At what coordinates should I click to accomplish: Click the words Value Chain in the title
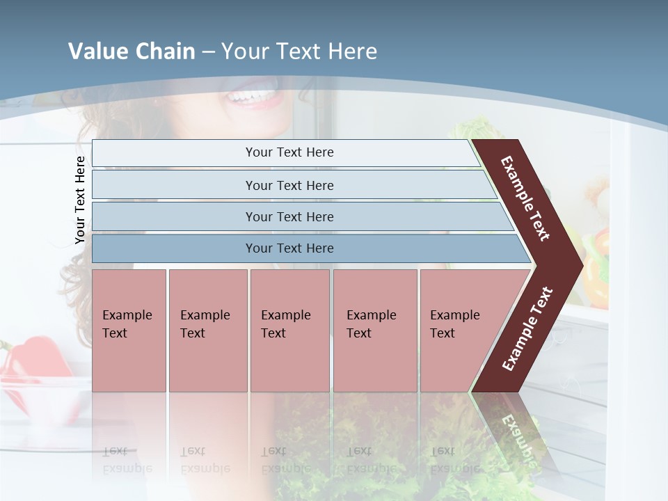point(132,51)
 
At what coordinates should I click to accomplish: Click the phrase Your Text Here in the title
point(299,51)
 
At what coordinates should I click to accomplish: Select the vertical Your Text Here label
point(80,200)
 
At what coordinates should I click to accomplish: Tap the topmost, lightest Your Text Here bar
point(289,152)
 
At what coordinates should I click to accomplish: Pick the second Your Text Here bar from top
point(289,185)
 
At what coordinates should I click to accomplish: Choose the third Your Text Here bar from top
point(289,216)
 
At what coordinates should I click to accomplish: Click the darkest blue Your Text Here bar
point(289,248)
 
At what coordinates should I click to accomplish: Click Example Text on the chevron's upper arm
point(525,198)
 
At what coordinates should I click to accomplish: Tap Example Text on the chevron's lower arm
point(527,328)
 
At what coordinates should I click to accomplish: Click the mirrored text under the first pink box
point(127,460)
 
